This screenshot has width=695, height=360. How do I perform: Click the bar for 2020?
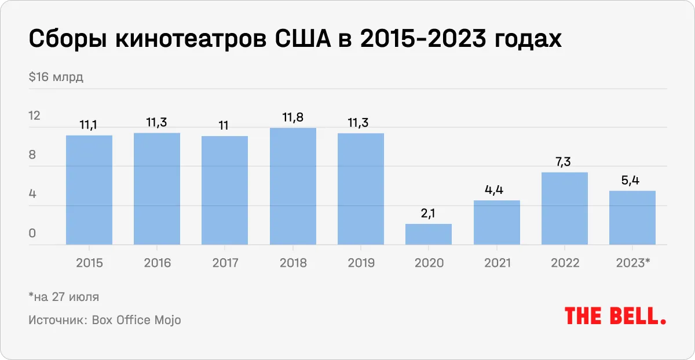tap(429, 234)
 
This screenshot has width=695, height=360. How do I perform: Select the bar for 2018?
tap(293, 186)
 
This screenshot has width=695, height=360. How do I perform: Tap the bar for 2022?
tap(565, 209)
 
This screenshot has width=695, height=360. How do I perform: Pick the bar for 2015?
tap(89, 190)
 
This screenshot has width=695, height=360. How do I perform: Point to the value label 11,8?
tap(293, 118)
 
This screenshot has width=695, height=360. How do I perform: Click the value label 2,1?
tap(429, 214)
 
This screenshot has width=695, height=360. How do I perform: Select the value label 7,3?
tap(565, 163)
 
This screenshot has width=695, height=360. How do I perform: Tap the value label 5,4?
tap(632, 181)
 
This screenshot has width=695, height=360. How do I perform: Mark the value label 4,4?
tap(496, 190)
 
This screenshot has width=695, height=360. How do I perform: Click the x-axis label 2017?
tap(225, 263)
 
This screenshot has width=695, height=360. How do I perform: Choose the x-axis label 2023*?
tap(632, 263)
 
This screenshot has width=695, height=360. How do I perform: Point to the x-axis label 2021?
tap(496, 263)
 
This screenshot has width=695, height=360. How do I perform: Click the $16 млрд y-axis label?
tap(56, 78)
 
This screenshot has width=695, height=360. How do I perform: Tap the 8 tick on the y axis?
tap(32, 155)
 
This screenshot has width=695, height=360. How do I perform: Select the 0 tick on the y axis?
tap(32, 234)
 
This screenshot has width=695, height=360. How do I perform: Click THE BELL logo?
tap(615, 316)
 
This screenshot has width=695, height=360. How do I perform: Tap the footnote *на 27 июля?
tap(64, 297)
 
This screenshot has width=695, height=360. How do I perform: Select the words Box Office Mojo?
tap(136, 319)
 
